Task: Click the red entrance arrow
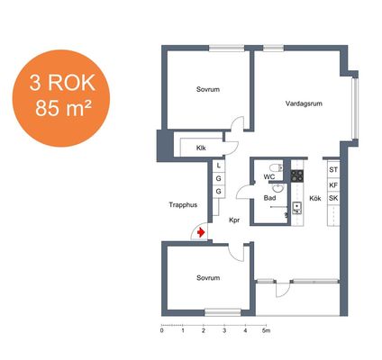point(201,232)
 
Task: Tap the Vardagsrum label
point(304,103)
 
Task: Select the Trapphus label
point(183,205)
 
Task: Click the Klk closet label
point(201,148)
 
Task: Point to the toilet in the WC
point(277,167)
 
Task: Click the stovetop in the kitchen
point(297,175)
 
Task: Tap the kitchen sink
point(297,208)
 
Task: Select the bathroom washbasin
point(277,188)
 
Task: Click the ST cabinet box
point(333,170)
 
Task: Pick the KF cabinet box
point(333,185)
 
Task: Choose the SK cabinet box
point(333,198)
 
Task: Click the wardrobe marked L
point(219,166)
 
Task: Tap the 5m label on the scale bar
point(266,330)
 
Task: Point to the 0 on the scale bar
point(162,330)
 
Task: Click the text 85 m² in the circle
point(63,108)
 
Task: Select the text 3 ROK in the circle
point(62,83)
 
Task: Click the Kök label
point(315,199)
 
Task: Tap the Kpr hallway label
point(234,220)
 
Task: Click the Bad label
point(269,198)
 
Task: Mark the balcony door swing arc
point(286,292)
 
